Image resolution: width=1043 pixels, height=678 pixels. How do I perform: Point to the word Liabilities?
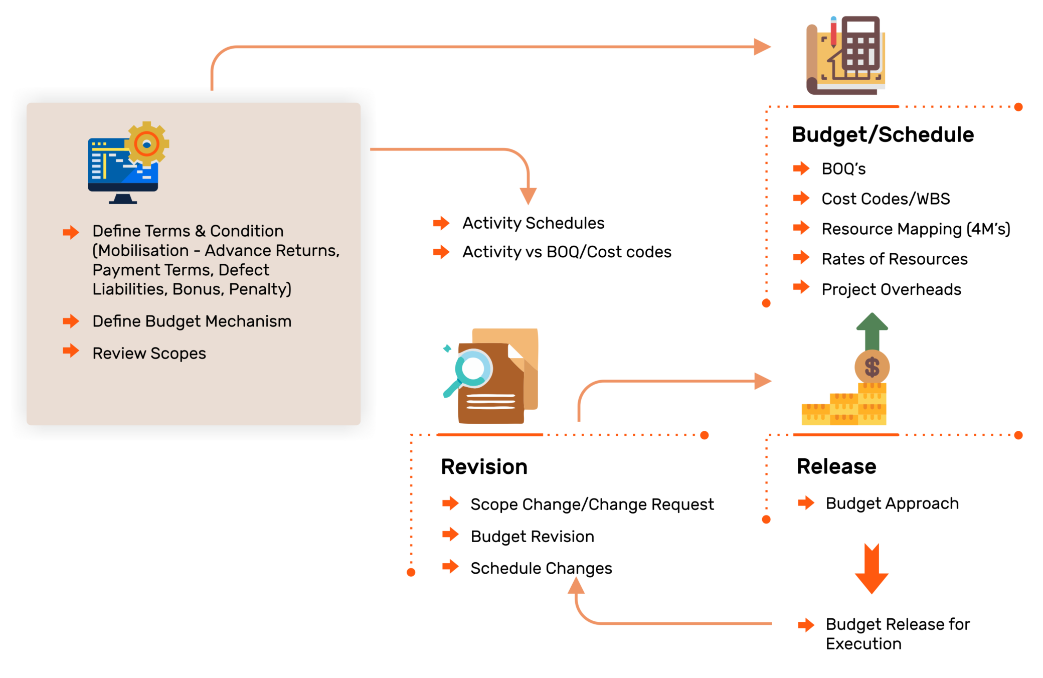click(x=129, y=289)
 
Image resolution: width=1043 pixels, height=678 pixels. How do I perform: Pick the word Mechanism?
click(x=248, y=321)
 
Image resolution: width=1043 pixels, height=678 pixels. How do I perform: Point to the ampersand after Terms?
click(x=200, y=231)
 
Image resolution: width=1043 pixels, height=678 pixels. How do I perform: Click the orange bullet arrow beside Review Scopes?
click(x=71, y=351)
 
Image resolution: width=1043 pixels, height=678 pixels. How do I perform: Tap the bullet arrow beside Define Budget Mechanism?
click(x=71, y=321)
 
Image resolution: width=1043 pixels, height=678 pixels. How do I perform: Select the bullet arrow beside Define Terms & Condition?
click(x=71, y=232)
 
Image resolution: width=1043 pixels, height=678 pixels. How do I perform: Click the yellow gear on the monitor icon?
click(x=146, y=144)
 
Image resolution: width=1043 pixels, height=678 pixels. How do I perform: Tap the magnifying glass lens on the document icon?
click(x=473, y=369)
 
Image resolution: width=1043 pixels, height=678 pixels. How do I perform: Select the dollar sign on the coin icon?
click(x=872, y=367)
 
